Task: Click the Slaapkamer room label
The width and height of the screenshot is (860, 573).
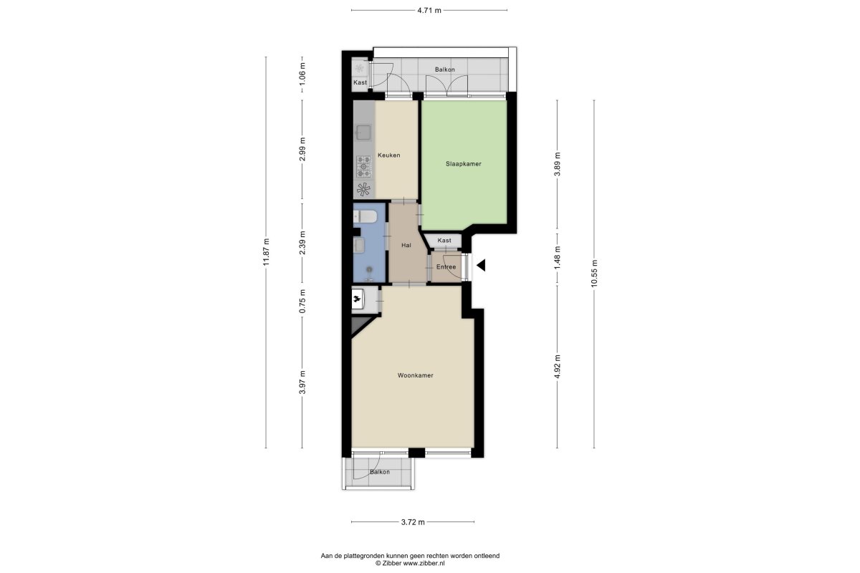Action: (x=464, y=164)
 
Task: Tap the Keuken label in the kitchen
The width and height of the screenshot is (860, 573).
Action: (x=389, y=155)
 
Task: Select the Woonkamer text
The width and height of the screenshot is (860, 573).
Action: (x=416, y=375)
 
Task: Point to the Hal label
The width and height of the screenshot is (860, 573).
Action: (x=406, y=245)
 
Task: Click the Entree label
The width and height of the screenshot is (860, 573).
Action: (x=446, y=267)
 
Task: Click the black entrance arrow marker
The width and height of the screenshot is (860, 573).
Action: (x=481, y=265)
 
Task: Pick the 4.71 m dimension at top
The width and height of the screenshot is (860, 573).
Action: (x=429, y=10)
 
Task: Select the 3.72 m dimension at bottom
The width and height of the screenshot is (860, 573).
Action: (x=413, y=522)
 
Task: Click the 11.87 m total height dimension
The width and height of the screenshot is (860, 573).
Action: (x=266, y=252)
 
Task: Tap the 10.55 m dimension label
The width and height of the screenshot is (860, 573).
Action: (x=594, y=274)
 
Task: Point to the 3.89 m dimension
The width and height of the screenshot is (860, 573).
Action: (x=557, y=164)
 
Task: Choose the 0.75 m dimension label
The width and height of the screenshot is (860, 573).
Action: (x=302, y=301)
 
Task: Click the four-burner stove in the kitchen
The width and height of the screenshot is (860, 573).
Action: (x=363, y=167)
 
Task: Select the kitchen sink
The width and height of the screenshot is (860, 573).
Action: (x=363, y=133)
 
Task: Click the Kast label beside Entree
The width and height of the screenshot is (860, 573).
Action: (x=444, y=241)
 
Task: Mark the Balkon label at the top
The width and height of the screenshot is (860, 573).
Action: (x=444, y=70)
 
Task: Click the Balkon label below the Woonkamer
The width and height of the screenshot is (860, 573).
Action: (x=380, y=472)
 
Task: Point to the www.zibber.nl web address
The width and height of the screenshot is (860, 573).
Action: (x=424, y=564)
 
